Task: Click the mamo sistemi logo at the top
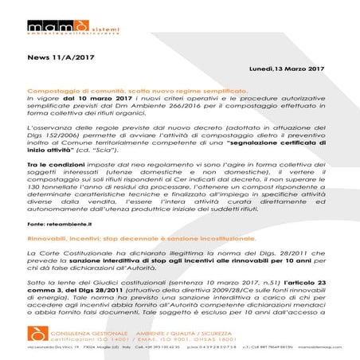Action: pos(66,13)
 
